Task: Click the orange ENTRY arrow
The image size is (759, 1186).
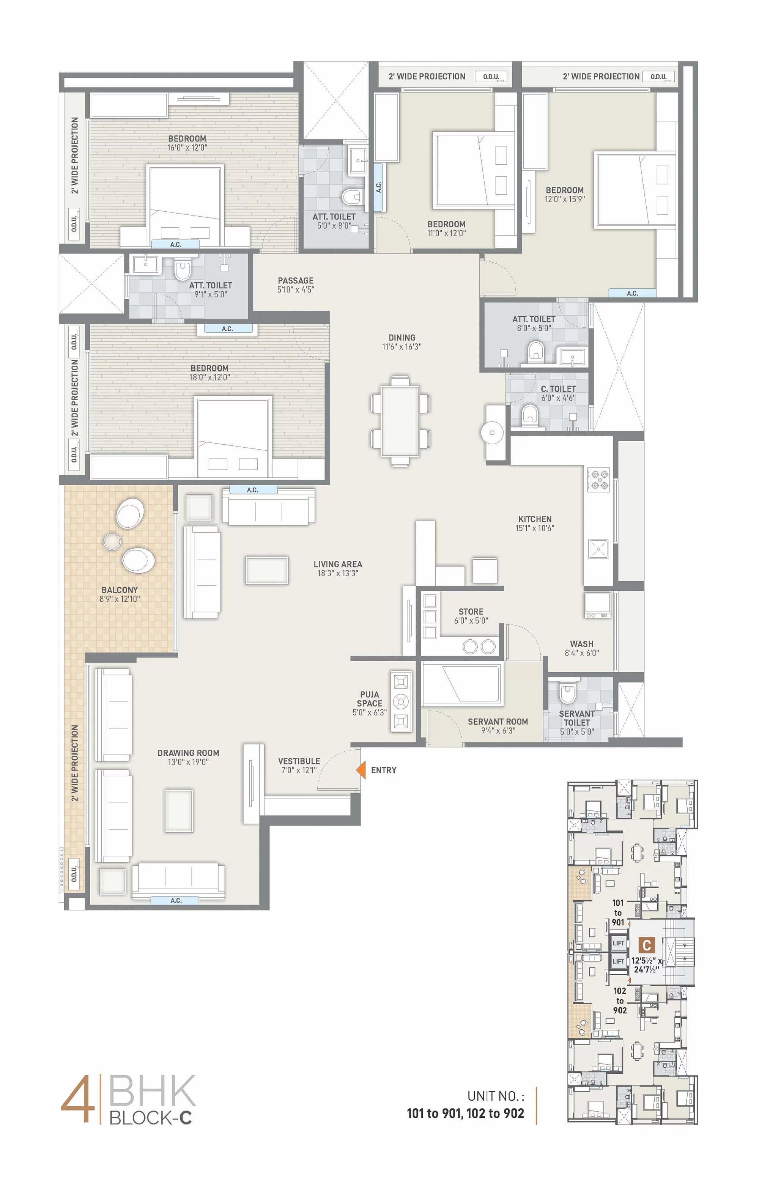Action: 361,770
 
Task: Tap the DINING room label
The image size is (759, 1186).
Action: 402,338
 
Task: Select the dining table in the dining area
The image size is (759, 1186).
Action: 400,421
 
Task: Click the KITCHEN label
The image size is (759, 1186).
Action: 535,519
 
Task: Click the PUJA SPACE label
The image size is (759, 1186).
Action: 370,699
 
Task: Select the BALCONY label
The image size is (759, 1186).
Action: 120,590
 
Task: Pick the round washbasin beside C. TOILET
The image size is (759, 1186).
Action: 492,433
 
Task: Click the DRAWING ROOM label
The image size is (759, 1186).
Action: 188,753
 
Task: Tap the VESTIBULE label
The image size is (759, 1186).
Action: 299,761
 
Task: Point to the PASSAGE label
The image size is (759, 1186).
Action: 296,280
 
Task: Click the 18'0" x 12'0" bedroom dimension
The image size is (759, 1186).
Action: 209,378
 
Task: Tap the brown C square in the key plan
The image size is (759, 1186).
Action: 647,945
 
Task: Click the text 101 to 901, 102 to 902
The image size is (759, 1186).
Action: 465,1113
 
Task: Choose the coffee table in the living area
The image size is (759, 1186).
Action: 267,571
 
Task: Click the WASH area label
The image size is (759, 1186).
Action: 581,644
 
